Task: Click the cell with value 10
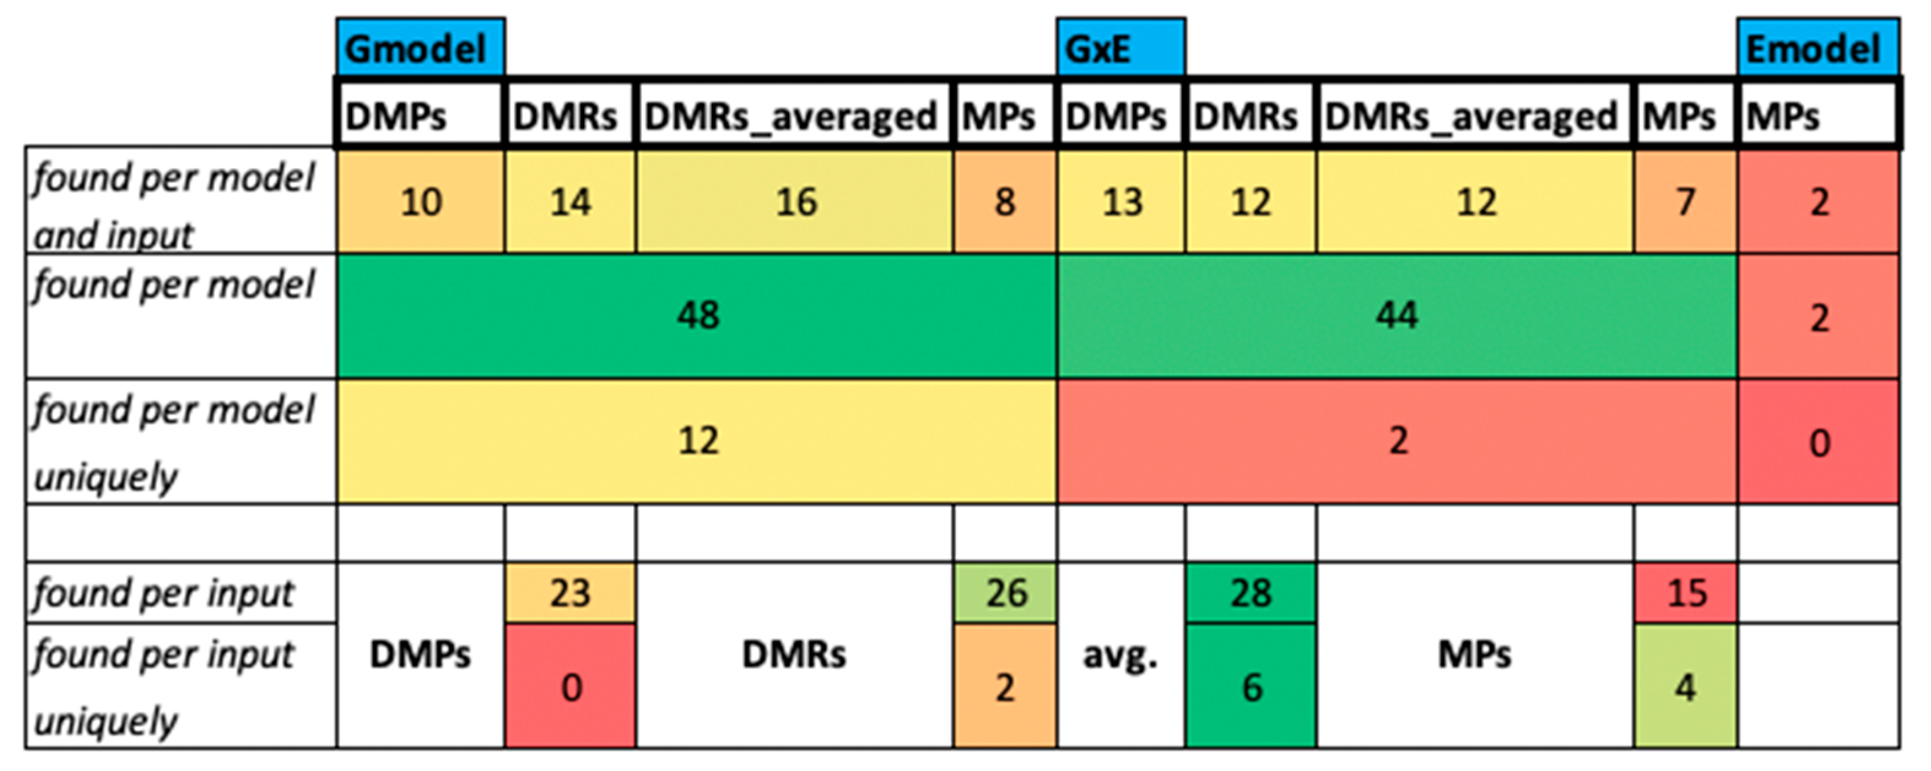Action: click(420, 202)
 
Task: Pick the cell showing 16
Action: click(795, 202)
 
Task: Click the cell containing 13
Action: click(1122, 202)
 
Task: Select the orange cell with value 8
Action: click(1004, 202)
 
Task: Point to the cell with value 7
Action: click(1685, 202)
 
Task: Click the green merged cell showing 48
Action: click(697, 315)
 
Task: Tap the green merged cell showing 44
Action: click(1396, 315)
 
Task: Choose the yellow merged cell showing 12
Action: click(697, 440)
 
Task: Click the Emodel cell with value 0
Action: click(1819, 442)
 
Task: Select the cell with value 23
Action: click(571, 593)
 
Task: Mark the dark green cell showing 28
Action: click(1251, 593)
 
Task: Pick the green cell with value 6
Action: click(1251, 686)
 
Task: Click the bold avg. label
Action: click(1120, 656)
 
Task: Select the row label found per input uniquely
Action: click(163, 686)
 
